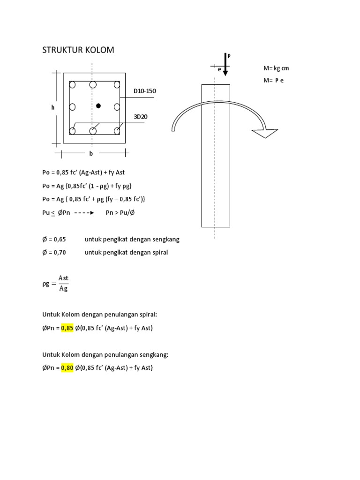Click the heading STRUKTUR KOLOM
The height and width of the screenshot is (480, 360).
[78, 50]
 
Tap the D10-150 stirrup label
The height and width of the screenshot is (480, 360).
[145, 91]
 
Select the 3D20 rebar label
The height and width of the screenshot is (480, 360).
[140, 116]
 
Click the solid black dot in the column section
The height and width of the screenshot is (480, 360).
[98, 106]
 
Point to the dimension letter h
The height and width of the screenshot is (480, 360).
[53, 107]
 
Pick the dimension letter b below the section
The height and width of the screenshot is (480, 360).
[91, 153]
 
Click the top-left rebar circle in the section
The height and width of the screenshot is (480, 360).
[73, 85]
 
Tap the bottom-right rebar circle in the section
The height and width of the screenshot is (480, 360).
[117, 131]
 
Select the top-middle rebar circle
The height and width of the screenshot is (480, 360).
[93, 85]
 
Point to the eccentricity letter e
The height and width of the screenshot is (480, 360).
[219, 69]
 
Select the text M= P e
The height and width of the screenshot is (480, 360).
[274, 80]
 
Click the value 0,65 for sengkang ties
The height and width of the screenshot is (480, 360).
[59, 239]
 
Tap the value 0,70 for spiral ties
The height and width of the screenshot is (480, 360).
[59, 252]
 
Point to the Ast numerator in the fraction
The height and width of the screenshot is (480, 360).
[63, 278]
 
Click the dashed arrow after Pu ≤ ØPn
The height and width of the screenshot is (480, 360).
[85, 212]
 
